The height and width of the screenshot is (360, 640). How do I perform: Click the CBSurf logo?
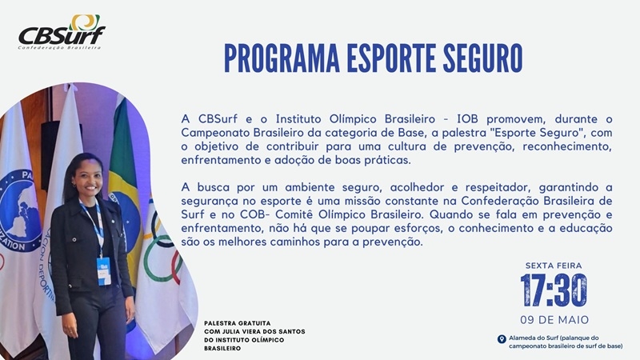tap(62, 32)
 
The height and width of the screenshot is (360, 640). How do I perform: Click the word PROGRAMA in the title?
tap(282, 58)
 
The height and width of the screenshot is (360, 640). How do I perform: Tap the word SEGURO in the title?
tap(482, 58)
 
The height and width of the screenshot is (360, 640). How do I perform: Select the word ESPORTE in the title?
tap(391, 58)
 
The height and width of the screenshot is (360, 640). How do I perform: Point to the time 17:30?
tap(554, 290)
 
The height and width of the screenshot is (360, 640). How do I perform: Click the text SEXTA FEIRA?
tap(554, 266)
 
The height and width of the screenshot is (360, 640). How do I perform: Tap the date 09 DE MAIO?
tap(554, 319)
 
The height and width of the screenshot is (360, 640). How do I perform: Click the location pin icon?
tap(502, 339)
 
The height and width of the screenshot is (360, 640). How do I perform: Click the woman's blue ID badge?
tap(104, 270)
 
